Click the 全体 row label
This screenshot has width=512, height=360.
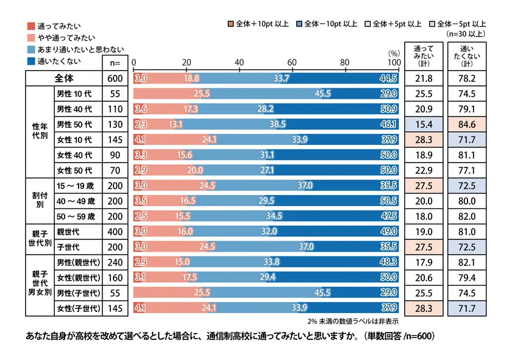click(63, 79)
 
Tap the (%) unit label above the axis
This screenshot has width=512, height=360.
click(394, 54)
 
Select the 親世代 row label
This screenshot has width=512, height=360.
click(67, 231)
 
